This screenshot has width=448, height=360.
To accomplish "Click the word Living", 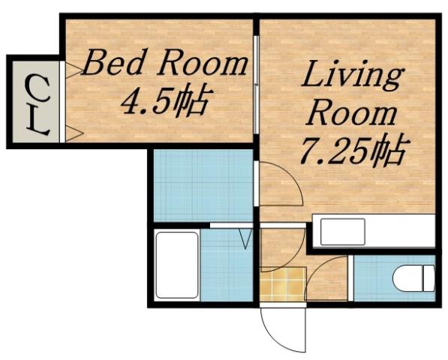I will tap(352, 77).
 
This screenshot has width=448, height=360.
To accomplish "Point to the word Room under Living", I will tap(352, 114).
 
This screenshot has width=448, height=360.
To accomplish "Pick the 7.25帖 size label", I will tap(352, 152).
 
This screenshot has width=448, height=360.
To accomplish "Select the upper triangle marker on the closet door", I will tap(73, 71).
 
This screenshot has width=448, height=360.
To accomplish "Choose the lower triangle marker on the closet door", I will tap(73, 133).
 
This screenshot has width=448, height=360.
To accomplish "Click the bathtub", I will tap(176, 265).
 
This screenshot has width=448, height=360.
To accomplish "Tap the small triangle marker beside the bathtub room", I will tap(245, 239).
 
